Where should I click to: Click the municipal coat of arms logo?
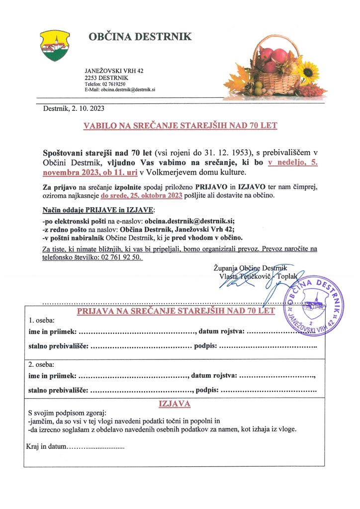pyautogui.click(x=55, y=45)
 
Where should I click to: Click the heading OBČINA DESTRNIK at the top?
pyautogui.click(x=140, y=37)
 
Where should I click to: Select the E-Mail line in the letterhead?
pyautogui.click(x=120, y=89)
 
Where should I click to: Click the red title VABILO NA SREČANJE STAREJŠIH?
pyautogui.click(x=180, y=126)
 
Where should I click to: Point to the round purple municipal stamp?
pyautogui.click(x=313, y=305)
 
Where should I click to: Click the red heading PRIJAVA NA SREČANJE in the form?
pyautogui.click(x=175, y=312)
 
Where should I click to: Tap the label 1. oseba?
pyautogui.click(x=42, y=321)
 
